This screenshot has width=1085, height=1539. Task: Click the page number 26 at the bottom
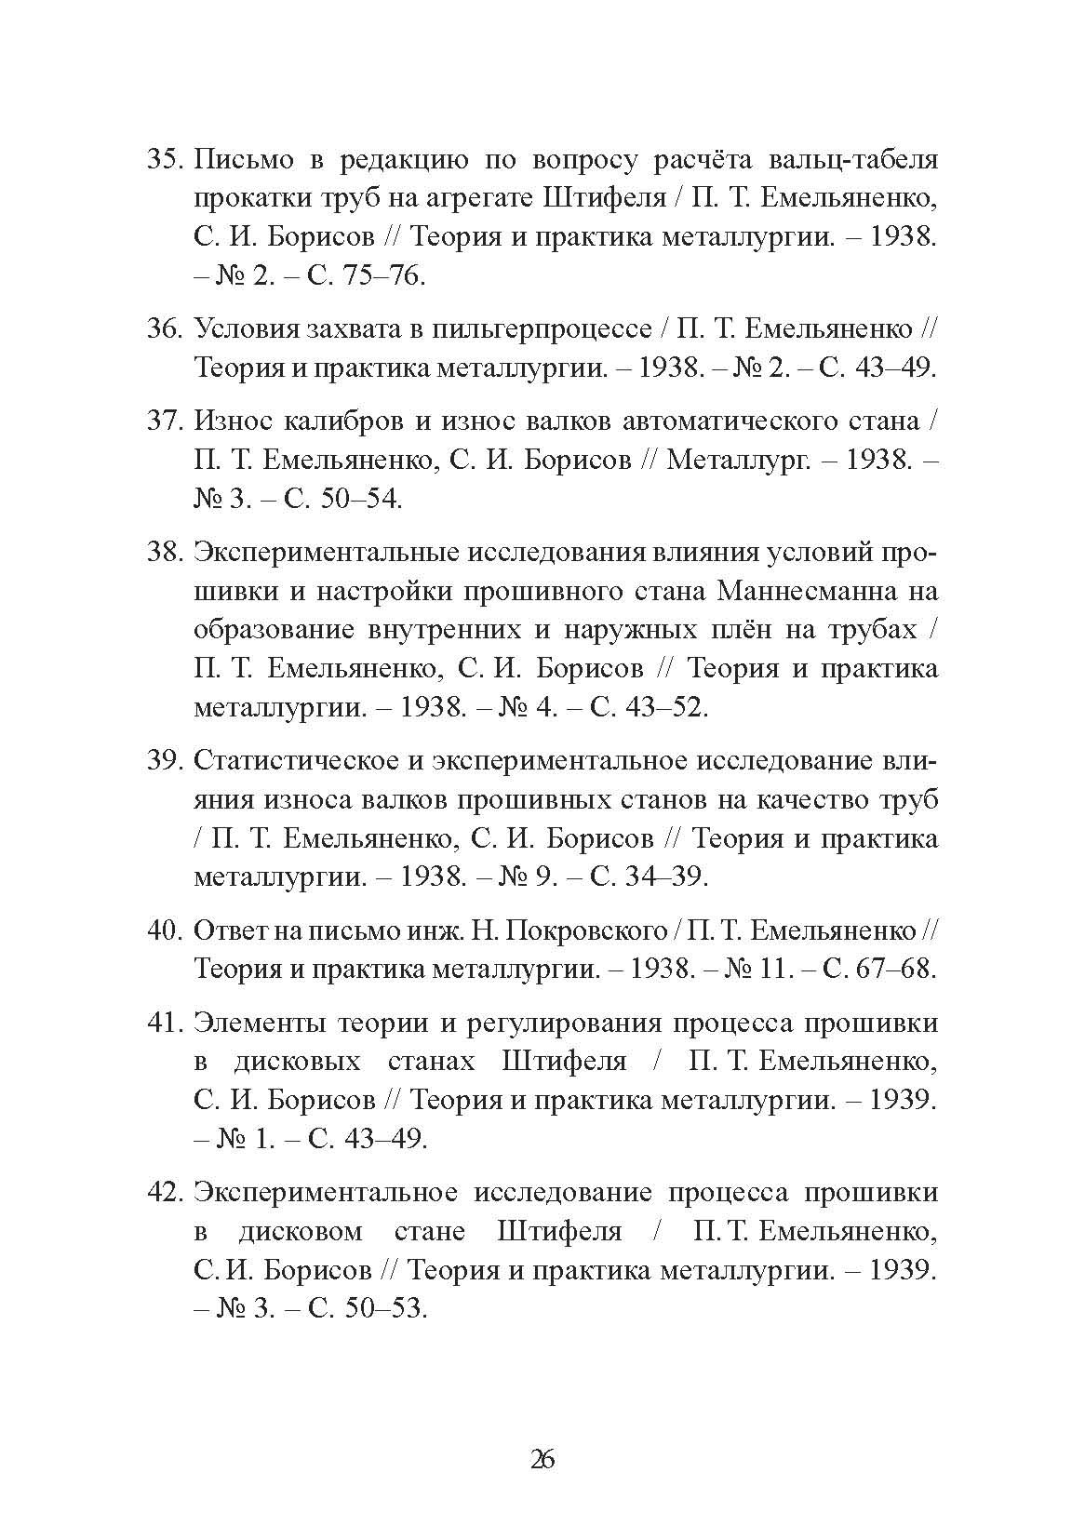tap(542, 1459)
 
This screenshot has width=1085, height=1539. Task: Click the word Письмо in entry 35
tap(241, 160)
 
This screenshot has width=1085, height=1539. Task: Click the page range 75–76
tap(383, 276)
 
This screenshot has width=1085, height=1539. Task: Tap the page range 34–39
tap(668, 877)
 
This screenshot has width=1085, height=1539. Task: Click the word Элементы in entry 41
tap(261, 1023)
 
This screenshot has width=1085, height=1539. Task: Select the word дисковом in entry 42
tap(301, 1232)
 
